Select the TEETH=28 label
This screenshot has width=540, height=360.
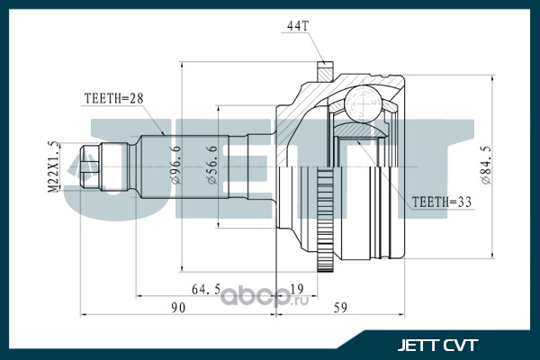[x=113, y=98]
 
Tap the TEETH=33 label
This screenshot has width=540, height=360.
[x=442, y=202]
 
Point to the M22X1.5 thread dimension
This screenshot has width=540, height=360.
[x=53, y=166]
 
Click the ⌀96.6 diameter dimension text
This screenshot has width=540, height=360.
[x=175, y=165]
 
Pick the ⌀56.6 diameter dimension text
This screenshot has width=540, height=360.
[x=212, y=165]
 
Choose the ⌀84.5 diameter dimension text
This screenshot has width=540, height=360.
[x=486, y=165]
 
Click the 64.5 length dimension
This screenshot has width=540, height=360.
[x=206, y=290]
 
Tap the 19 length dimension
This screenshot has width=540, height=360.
[x=296, y=289]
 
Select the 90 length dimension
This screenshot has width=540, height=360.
[x=178, y=308]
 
